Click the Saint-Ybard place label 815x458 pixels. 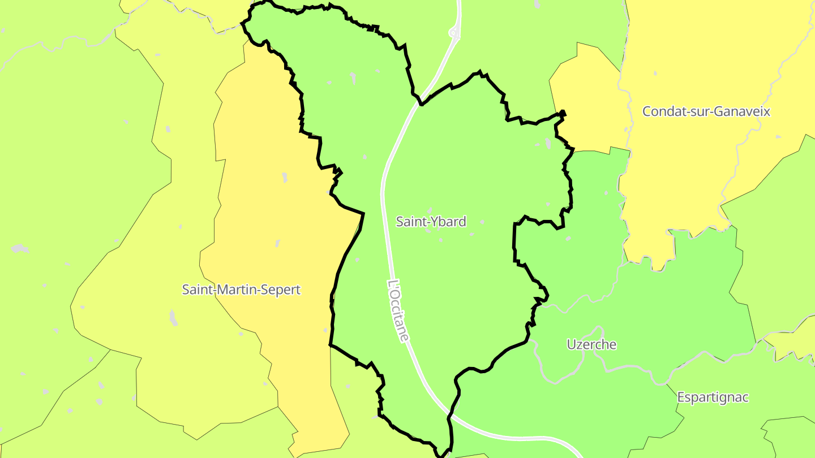pyautogui.click(x=431, y=222)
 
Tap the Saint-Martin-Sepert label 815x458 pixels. pyautogui.click(x=241, y=290)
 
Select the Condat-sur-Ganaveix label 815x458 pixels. pyautogui.click(x=706, y=111)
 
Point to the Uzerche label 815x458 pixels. pyautogui.click(x=591, y=344)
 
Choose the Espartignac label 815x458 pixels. pyautogui.click(x=713, y=397)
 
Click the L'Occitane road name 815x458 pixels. pyautogui.click(x=399, y=310)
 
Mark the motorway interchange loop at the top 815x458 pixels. pyautogui.click(x=454, y=33)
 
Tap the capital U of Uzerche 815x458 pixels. pyautogui.click(x=571, y=344)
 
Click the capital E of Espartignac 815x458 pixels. pyautogui.click(x=681, y=397)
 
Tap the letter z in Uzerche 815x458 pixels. pyautogui.click(x=579, y=345)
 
